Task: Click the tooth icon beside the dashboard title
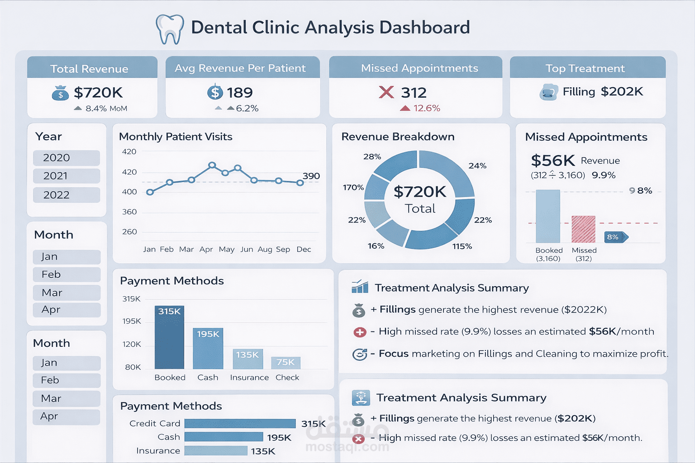pyautogui.click(x=170, y=29)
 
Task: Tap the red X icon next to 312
pyautogui.click(x=386, y=92)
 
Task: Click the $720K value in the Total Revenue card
pyautogui.click(x=98, y=93)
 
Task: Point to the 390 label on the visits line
pyautogui.click(x=311, y=176)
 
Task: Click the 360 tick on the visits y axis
pyautogui.click(x=129, y=212)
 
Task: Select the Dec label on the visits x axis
pyautogui.click(x=304, y=249)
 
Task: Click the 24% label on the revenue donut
pyautogui.click(x=477, y=165)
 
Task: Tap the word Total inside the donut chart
pyautogui.click(x=420, y=208)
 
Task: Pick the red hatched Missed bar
pyautogui.click(x=583, y=229)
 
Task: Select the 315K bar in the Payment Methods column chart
pyautogui.click(x=169, y=337)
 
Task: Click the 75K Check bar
pyautogui.click(x=286, y=363)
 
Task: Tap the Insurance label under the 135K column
pyautogui.click(x=249, y=378)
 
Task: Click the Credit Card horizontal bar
pyautogui.click(x=240, y=424)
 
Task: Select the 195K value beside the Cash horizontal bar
pyautogui.click(x=279, y=437)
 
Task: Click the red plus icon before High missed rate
pyautogui.click(x=360, y=332)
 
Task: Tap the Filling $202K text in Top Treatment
pyautogui.click(x=603, y=92)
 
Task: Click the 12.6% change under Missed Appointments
pyautogui.click(x=426, y=108)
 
